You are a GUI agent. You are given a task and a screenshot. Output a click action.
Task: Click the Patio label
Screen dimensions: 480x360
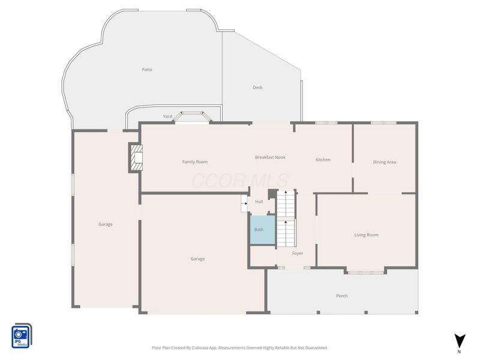pyautogui.click(x=147, y=70)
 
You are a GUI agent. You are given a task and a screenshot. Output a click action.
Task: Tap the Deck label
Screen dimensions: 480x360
pyautogui.click(x=257, y=87)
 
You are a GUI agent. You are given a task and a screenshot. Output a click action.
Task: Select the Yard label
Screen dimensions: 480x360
pyautogui.click(x=167, y=116)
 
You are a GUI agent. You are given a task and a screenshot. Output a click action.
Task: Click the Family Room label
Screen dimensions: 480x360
pyautogui.click(x=194, y=161)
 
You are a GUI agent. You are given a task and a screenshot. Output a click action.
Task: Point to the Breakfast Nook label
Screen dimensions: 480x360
pyautogui.click(x=270, y=157)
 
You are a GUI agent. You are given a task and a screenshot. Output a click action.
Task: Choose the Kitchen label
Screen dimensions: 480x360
pyautogui.click(x=323, y=160)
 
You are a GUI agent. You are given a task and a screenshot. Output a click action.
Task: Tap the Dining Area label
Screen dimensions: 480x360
pyautogui.click(x=385, y=162)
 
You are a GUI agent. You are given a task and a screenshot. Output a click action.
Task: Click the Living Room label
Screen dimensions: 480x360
pyautogui.click(x=366, y=235)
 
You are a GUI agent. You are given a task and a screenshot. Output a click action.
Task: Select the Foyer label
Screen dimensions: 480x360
pyautogui.click(x=298, y=253)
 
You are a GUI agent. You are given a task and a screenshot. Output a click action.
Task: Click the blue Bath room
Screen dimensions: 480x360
pyautogui.click(x=263, y=230)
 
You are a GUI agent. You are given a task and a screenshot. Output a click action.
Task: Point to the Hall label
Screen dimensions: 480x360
pyautogui.click(x=259, y=202)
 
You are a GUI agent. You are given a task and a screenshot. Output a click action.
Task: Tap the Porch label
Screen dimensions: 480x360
pyautogui.click(x=341, y=296)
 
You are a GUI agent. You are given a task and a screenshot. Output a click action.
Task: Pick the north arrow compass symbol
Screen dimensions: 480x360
pyautogui.click(x=460, y=343)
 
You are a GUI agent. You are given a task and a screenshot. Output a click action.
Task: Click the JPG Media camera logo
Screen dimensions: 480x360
pyautogui.click(x=22, y=336)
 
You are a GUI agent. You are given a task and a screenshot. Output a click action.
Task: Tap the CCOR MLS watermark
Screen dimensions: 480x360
pyautogui.click(x=240, y=181)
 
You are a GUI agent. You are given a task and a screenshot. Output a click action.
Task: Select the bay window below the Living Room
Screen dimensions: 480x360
pyautogui.click(x=365, y=272)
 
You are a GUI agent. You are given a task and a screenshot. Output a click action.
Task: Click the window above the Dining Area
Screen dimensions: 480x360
pyautogui.click(x=383, y=123)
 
